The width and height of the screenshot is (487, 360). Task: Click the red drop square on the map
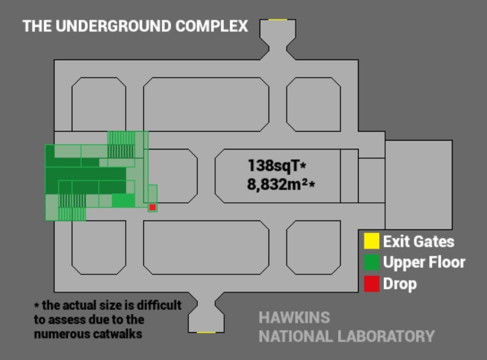point(152,207)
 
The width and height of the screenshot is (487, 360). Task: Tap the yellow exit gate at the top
point(277,19)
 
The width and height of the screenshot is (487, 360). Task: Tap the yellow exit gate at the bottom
point(206,332)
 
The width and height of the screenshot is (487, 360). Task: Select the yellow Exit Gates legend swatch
point(371,241)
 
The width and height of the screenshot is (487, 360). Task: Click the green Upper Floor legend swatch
point(371,262)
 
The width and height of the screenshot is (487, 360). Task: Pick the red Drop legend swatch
point(371,284)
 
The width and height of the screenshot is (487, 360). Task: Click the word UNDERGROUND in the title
point(113,26)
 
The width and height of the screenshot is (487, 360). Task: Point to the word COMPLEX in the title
point(211,26)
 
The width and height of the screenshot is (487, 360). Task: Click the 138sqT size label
point(277,166)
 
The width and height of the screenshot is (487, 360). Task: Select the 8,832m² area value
point(281,184)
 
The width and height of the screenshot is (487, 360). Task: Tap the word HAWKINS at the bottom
point(294,317)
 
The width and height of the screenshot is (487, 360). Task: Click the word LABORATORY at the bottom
point(386,337)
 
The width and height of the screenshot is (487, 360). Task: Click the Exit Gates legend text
point(419,242)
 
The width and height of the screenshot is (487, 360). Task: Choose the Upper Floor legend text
point(424,262)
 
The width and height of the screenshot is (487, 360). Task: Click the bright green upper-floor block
point(123,200)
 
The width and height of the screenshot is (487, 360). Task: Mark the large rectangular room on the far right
point(419,184)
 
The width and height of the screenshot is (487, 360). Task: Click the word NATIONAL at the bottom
point(296,337)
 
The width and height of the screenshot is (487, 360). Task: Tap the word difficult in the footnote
point(159,305)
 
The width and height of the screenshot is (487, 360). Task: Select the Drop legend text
point(400,284)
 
